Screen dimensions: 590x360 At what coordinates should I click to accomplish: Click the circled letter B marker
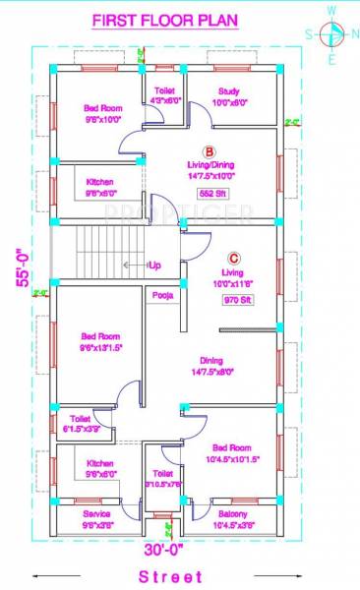(209, 150)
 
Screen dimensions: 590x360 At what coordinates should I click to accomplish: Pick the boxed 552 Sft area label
(212, 194)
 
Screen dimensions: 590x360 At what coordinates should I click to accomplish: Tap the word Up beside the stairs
(155, 265)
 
